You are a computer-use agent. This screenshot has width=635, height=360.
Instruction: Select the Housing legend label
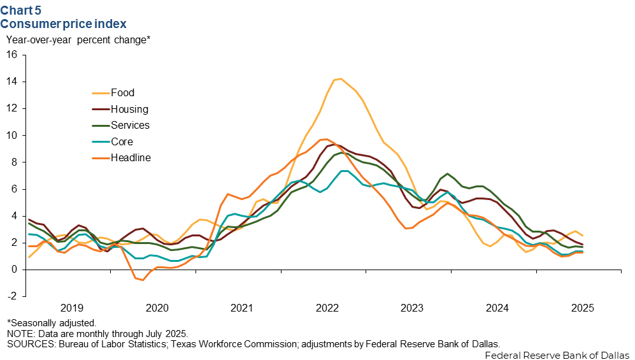(129, 110)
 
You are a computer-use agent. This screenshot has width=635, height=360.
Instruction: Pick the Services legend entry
(130, 126)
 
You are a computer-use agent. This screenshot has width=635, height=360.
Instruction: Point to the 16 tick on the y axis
(11, 55)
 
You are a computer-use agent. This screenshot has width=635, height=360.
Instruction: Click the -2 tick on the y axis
(11, 296)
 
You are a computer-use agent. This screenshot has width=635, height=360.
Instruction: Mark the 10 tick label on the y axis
(11, 136)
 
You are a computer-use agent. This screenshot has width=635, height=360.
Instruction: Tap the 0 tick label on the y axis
(14, 270)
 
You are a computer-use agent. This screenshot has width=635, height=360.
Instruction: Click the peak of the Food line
(341, 79)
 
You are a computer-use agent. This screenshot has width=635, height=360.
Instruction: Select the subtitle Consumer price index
(63, 24)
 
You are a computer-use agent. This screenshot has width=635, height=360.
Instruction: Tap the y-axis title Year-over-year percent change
(78, 40)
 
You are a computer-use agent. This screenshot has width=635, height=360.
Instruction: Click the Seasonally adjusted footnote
(52, 323)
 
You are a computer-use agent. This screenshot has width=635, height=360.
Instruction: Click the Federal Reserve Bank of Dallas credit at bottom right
(557, 354)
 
